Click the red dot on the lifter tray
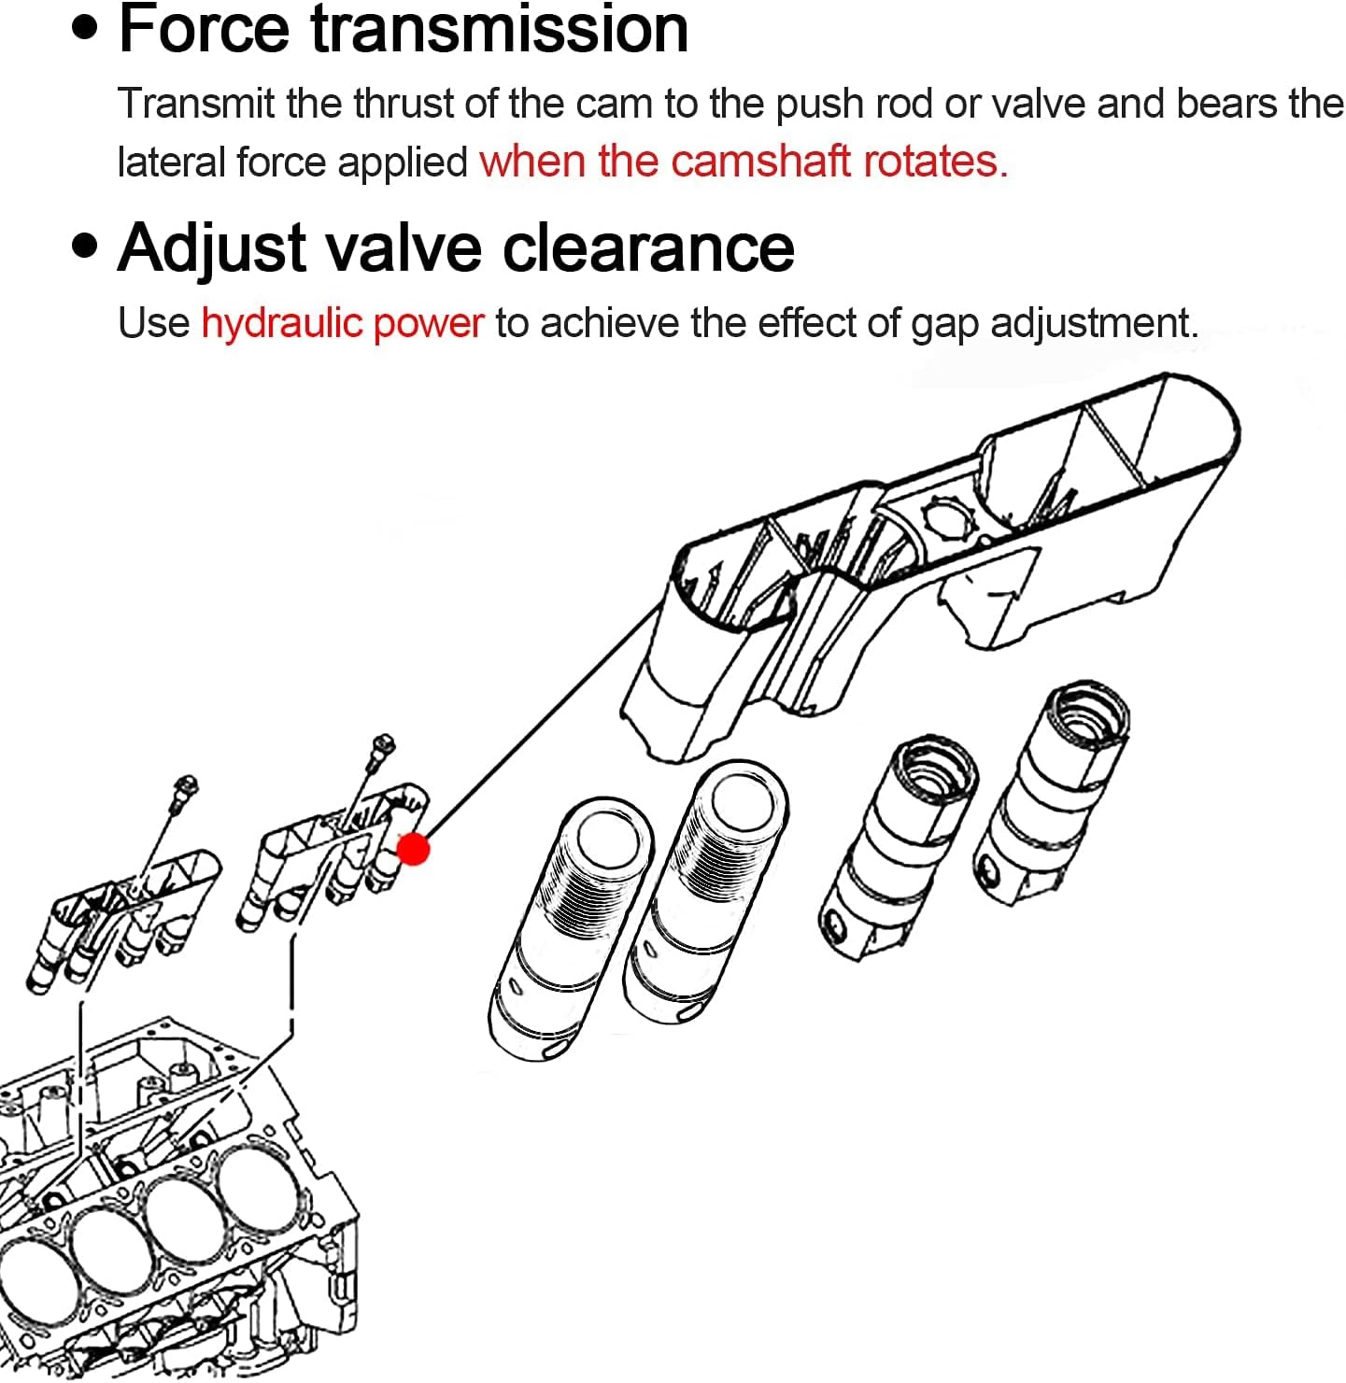(413, 849)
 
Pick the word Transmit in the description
(195, 104)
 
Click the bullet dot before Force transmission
(85, 28)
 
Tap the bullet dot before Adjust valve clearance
(85, 247)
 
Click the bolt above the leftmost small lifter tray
(187, 786)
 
